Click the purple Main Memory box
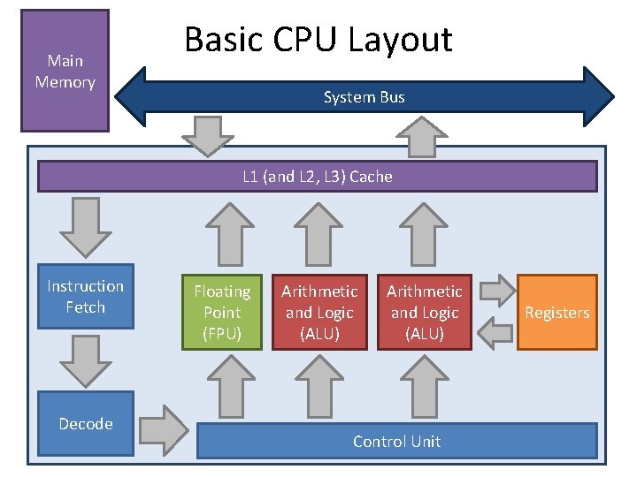pos(65,71)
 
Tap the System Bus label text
pos(364,97)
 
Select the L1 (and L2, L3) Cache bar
pos(317,177)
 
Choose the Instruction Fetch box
pos(85,297)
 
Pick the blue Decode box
pos(85,424)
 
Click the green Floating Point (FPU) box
pos(222,313)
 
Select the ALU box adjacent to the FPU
pos(319,313)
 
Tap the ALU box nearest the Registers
pos(425,313)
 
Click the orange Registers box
pos(556,313)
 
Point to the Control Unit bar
pos(395,441)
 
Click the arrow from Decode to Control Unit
pos(164,428)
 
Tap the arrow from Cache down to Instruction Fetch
pos(85,226)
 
